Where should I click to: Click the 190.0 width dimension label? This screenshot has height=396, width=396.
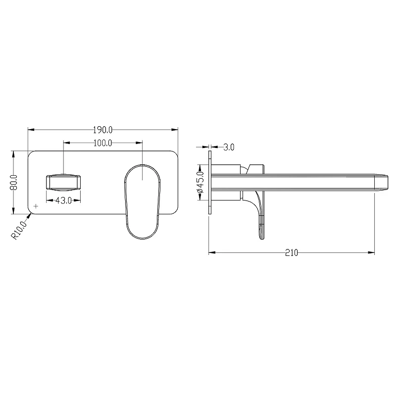(102, 130)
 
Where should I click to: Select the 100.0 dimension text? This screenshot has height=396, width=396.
(102, 143)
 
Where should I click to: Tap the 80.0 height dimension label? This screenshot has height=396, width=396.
(14, 182)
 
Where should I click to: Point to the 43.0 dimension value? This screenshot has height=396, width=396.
(63, 201)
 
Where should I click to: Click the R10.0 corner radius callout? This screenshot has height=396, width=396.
(19, 230)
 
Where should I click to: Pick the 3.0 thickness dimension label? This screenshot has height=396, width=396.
(229, 147)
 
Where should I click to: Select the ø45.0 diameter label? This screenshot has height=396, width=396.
(200, 182)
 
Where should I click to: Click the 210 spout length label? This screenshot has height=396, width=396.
(292, 252)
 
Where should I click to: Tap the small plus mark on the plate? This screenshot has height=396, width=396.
(36, 206)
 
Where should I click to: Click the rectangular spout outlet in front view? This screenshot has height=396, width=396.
(63, 182)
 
